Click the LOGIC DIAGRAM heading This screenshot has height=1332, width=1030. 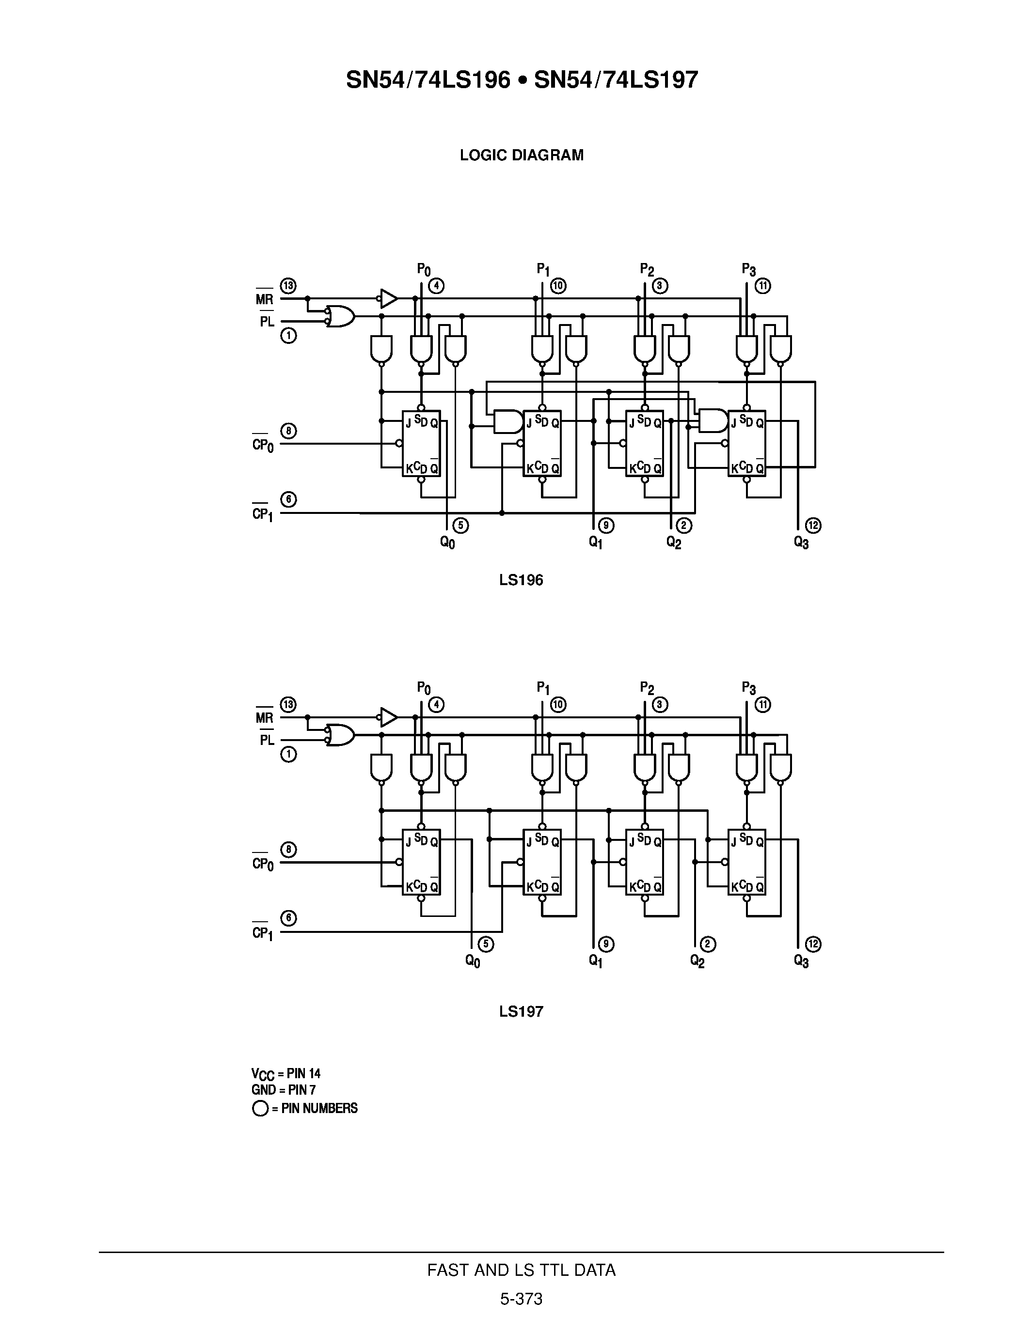(521, 155)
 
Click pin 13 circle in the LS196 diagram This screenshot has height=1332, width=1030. (288, 285)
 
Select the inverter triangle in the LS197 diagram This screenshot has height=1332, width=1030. (389, 717)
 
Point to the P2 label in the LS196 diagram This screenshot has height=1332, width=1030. (647, 269)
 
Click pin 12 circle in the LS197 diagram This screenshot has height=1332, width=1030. (813, 944)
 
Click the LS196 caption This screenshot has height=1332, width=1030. (521, 580)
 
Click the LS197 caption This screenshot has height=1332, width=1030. (521, 1011)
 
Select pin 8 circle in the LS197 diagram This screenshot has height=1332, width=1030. (288, 850)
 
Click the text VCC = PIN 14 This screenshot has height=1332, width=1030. (285, 1073)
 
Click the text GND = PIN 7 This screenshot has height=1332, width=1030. (283, 1089)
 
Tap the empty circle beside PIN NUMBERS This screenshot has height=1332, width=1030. (260, 1108)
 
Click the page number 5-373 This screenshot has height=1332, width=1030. (521, 1299)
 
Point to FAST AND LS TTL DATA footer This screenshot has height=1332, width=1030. (521, 1270)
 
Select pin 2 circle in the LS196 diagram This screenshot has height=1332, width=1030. (684, 525)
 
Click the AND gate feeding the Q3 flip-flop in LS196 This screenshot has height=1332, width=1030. (712, 421)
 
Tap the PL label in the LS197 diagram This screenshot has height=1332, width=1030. (267, 740)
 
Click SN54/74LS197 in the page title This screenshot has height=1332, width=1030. (616, 80)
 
